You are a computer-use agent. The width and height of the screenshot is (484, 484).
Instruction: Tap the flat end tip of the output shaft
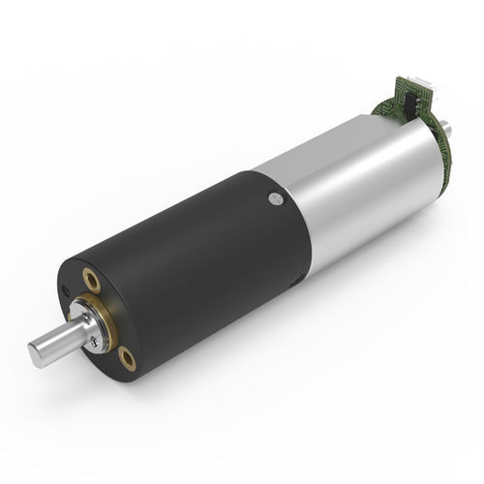coord(35,355)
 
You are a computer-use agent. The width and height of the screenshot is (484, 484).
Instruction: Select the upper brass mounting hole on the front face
coord(92,282)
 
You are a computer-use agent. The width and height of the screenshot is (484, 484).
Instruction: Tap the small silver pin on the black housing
coord(276,198)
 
